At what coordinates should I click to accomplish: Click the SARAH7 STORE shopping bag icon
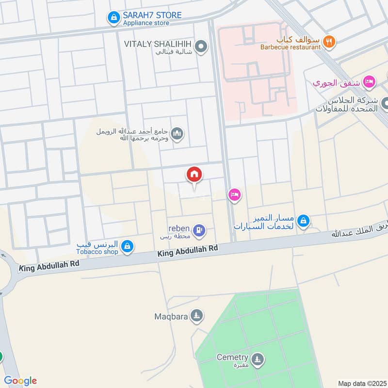[113, 18]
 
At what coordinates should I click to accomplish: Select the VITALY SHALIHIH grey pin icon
[203, 47]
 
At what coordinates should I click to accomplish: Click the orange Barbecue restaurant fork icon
[329, 42]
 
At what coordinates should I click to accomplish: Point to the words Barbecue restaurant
[290, 47]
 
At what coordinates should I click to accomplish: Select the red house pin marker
[194, 175]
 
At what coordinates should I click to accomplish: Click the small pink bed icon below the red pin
[235, 195]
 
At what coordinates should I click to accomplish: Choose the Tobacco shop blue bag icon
[127, 246]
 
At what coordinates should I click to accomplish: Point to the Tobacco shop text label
[97, 251]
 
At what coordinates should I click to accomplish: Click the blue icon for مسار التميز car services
[303, 221]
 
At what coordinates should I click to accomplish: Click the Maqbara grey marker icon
[196, 317]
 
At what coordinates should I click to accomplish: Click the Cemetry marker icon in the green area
[258, 359]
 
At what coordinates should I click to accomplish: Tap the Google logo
[20, 381]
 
